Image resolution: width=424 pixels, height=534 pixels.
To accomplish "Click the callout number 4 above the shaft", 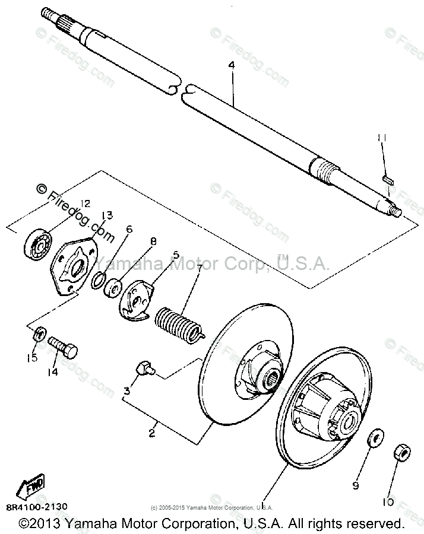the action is pyautogui.click(x=232, y=66).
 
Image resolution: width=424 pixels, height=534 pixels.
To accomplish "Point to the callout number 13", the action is pyautogui.click(x=106, y=215).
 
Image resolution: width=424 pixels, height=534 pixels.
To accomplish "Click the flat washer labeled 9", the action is pyautogui.click(x=374, y=441).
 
